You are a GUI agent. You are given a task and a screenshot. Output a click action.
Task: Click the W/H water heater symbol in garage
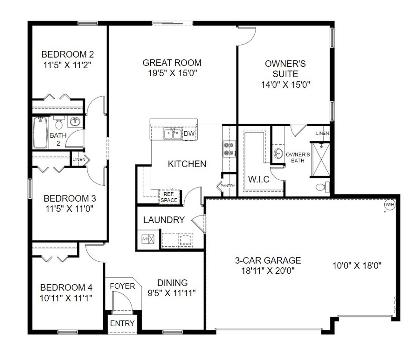(x=389, y=205)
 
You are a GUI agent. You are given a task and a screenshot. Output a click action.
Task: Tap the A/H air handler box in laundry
(x=148, y=239)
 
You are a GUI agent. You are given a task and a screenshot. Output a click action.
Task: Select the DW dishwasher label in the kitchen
(x=189, y=133)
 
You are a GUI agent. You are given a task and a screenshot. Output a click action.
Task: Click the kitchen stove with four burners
(x=229, y=149)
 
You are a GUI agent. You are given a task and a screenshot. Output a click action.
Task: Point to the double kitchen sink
(x=172, y=134)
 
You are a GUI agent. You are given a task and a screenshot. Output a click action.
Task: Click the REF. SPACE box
(x=169, y=197)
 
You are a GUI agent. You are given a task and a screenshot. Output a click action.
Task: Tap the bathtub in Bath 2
(x=40, y=132)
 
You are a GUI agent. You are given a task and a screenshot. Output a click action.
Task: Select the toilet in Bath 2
(x=58, y=122)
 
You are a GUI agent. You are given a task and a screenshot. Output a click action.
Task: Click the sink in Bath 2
(x=75, y=122)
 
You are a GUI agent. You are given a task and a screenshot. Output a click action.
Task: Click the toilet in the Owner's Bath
(x=322, y=187)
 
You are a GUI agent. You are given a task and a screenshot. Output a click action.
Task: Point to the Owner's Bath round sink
(x=278, y=154)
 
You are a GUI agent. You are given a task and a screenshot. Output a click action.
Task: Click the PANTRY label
(x=228, y=186)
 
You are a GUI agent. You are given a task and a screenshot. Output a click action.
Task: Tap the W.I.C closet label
(x=259, y=179)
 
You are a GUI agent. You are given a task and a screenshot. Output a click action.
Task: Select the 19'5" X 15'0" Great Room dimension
(x=172, y=73)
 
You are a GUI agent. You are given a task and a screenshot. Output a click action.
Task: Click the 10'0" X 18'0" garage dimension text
(x=357, y=266)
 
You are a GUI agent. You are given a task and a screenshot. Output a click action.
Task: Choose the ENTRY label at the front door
(x=122, y=323)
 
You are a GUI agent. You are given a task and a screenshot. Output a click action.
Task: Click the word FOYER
(x=122, y=286)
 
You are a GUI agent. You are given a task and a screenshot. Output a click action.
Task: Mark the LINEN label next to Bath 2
(x=79, y=159)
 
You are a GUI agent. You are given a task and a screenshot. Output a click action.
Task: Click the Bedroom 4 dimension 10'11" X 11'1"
(x=66, y=298)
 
